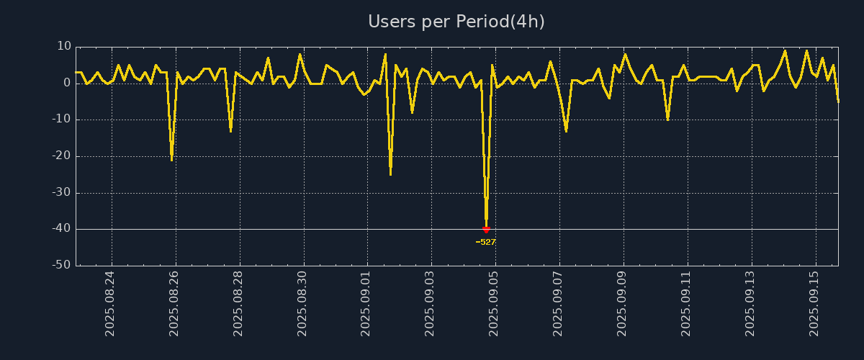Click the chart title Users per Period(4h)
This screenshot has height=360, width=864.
(x=456, y=22)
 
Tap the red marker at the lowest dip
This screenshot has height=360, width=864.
(x=486, y=230)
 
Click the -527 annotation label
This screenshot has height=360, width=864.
(x=486, y=242)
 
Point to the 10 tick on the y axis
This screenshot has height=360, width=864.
(x=64, y=46)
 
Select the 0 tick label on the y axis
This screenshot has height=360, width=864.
(x=68, y=83)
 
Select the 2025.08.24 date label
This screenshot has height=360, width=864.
(x=110, y=303)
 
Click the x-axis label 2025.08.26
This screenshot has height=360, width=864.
(x=174, y=303)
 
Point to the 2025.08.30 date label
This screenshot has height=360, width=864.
(x=302, y=303)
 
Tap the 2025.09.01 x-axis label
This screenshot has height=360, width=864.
(x=366, y=303)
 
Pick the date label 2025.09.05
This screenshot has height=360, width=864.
(x=494, y=303)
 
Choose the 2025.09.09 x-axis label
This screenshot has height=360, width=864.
(x=622, y=303)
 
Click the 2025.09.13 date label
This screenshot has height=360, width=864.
(x=750, y=303)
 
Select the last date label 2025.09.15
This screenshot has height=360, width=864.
(x=814, y=303)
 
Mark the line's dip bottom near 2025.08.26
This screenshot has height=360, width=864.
(x=171, y=159)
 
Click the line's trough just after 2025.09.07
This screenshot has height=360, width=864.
(x=566, y=131)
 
